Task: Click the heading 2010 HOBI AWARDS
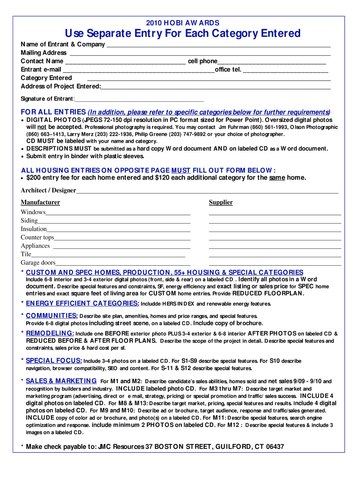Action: tap(182, 23)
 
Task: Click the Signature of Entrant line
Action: tap(139, 100)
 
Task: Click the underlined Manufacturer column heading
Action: tap(40, 203)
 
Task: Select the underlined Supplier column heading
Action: tap(221, 203)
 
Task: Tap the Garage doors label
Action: tap(38, 263)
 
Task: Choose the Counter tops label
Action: tap(37, 238)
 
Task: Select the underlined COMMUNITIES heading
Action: tap(52, 316)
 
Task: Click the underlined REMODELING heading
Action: tap(50, 334)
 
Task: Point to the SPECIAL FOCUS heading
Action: tap(54, 361)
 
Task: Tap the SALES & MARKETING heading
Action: tap(61, 381)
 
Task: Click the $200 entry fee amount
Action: tap(34, 178)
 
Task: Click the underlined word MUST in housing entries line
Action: tap(180, 170)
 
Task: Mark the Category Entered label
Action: tap(46, 78)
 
